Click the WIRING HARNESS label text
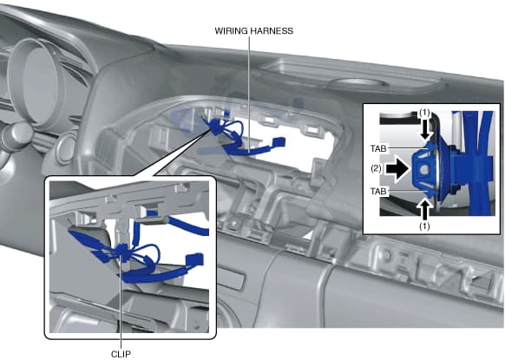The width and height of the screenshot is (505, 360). click(x=253, y=31)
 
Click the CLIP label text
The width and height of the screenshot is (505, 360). click(x=121, y=354)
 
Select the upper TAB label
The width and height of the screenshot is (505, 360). click(x=378, y=148)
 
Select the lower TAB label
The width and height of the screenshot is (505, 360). click(x=378, y=191)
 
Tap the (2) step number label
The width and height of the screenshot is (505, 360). click(x=376, y=168)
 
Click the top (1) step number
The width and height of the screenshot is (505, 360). click(x=424, y=113)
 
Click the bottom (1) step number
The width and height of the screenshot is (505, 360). click(x=424, y=226)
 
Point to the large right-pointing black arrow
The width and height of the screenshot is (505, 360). click(x=397, y=169)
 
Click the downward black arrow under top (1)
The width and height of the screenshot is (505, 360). click(x=426, y=129)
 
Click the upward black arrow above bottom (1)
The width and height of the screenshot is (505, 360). click(x=426, y=210)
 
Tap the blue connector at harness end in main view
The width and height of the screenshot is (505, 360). click(x=279, y=141)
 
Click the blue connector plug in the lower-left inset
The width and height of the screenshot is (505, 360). click(x=194, y=259)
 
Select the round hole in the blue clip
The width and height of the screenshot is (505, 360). click(x=424, y=170)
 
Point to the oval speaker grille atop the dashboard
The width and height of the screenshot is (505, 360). click(x=357, y=83)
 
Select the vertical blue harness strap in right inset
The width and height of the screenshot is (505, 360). click(x=482, y=163)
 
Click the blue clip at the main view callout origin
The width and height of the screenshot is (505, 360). click(x=214, y=128)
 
